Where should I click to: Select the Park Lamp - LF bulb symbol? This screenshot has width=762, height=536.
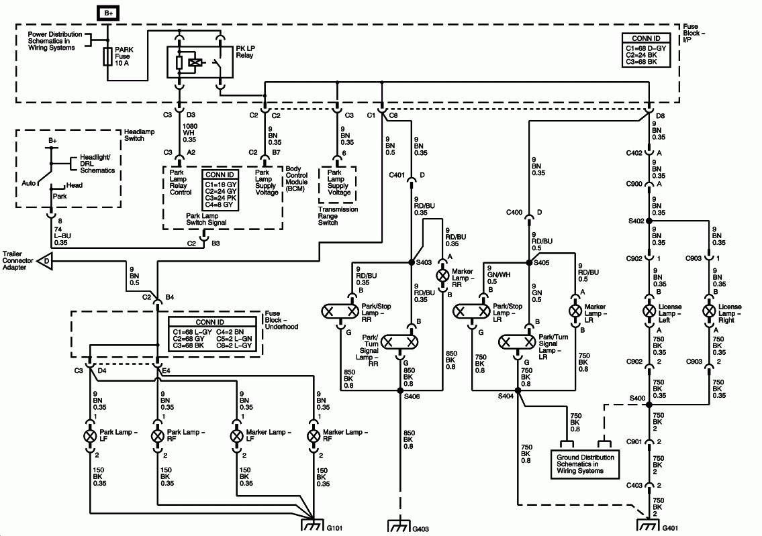click(91, 435)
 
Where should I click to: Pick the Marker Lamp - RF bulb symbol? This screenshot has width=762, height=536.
click(313, 435)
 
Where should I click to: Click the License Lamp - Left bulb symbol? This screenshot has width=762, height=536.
click(649, 311)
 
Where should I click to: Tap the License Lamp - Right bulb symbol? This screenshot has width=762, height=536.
click(710, 311)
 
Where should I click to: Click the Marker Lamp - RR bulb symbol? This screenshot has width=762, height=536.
click(442, 275)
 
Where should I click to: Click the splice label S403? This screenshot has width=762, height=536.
click(424, 262)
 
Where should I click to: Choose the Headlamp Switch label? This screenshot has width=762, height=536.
click(139, 135)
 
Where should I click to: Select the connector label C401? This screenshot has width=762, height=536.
click(397, 176)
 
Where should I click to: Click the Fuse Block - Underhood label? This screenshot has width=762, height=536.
click(281, 321)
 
